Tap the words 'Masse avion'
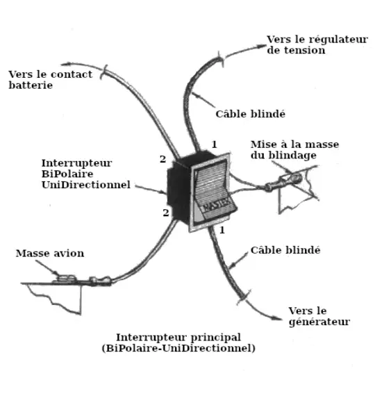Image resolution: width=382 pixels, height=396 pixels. pyautogui.click(x=50, y=254)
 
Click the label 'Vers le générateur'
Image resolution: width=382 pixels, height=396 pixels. pyautogui.click(x=318, y=316)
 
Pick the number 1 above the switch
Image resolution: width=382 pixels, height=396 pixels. pyautogui.click(x=215, y=144)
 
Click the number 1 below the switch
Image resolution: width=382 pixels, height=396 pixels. pyautogui.click(x=222, y=229)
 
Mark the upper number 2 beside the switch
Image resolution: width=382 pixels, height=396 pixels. pyautogui.click(x=163, y=160)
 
